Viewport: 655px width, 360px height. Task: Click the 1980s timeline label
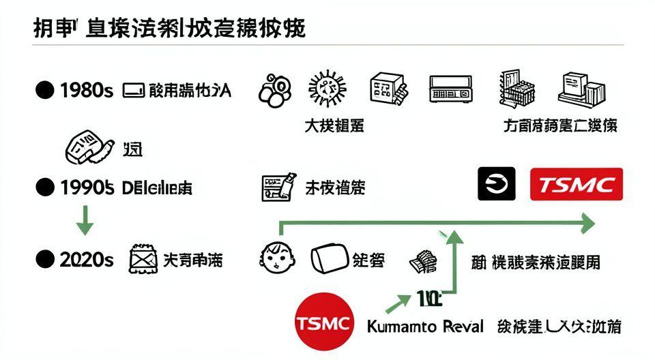86,90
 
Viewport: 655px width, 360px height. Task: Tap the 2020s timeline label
86,259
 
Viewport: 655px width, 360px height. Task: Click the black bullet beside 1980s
44,90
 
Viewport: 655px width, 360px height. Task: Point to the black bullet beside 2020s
44,259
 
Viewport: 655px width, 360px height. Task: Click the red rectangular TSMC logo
577,184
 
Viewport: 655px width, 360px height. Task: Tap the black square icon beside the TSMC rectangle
496,184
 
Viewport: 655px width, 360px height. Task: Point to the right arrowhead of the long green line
587,223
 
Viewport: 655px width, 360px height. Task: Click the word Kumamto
401,326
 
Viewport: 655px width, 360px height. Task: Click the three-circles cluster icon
274,90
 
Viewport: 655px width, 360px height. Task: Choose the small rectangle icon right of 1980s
132,90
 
